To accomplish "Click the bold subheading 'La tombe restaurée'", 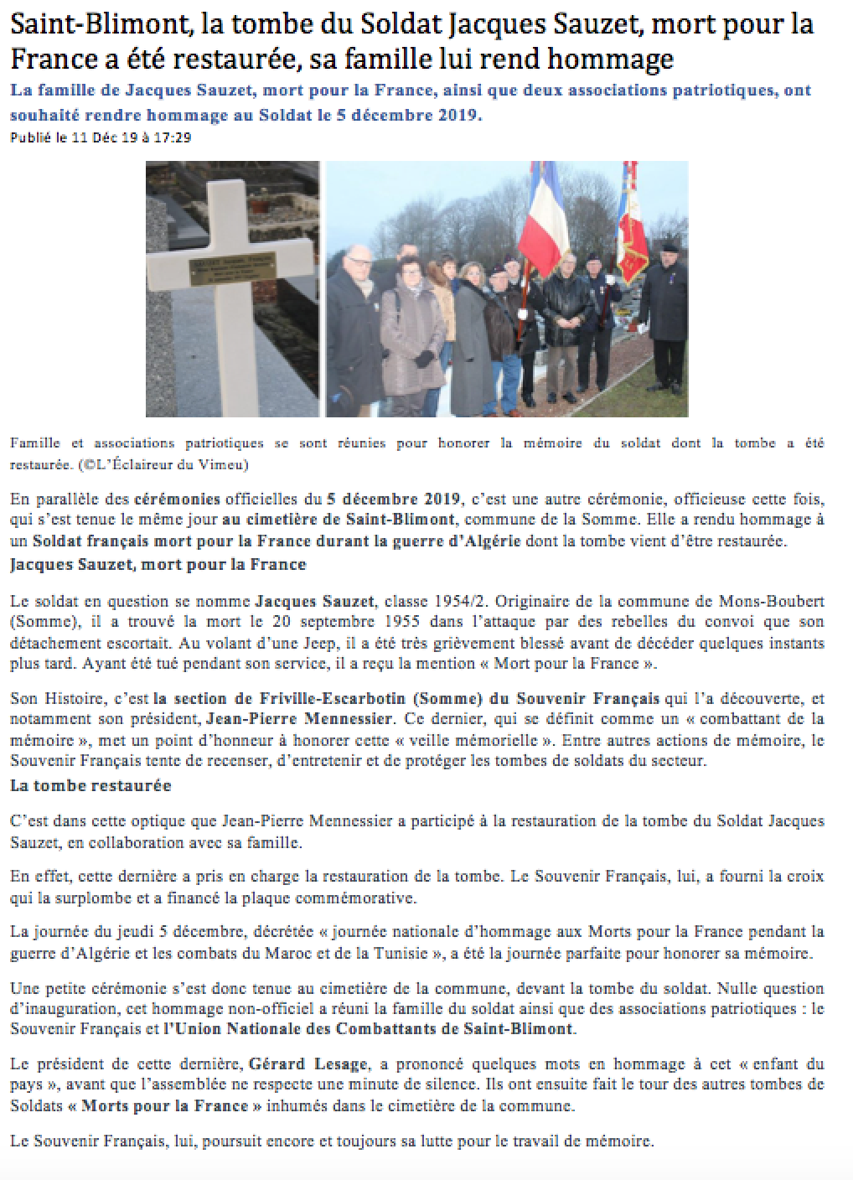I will (90, 785).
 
